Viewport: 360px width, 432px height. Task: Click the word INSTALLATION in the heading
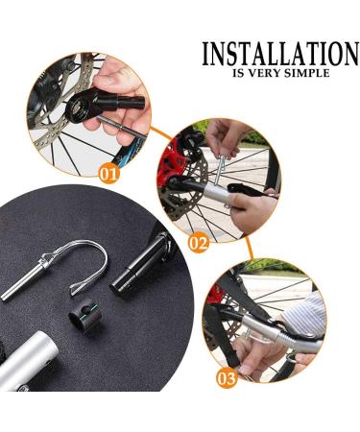coord(278,53)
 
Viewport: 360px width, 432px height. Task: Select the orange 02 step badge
coord(198,243)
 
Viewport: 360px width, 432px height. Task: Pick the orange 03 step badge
coord(227,378)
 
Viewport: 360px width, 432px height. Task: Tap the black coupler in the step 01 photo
coord(122,101)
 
